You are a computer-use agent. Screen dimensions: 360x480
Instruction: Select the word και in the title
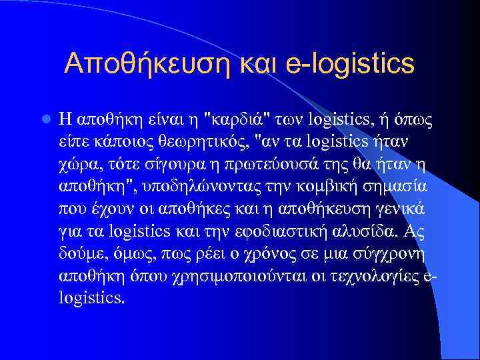coord(263,64)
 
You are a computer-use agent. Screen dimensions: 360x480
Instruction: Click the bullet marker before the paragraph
coord(45,120)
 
